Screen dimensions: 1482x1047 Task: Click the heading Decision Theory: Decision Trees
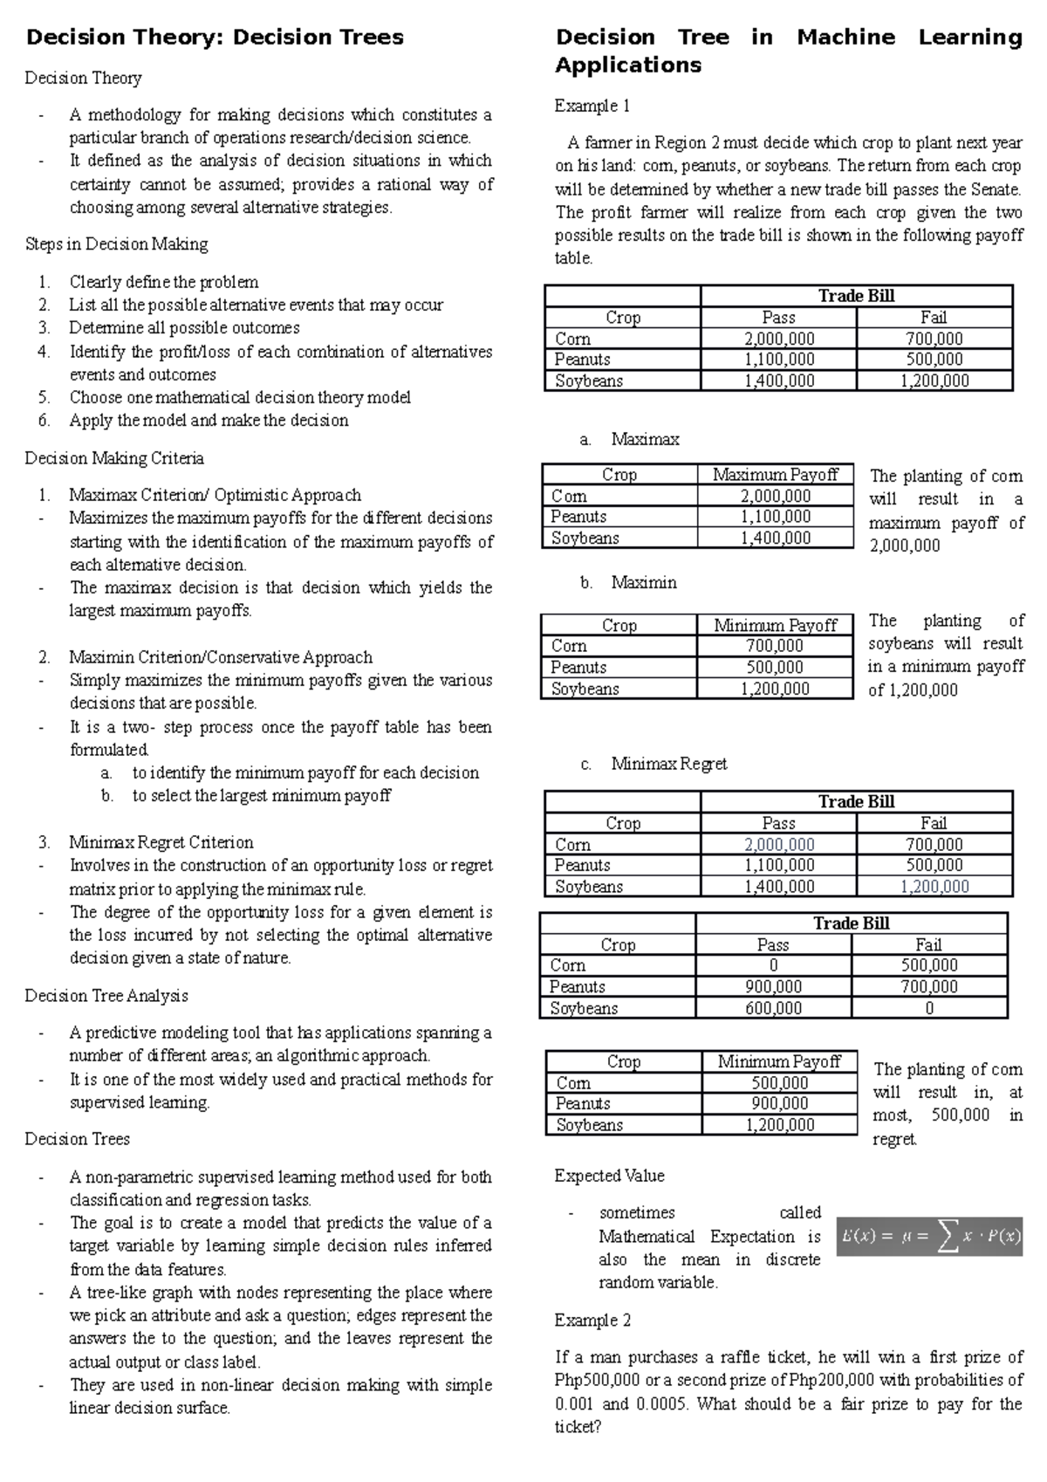coord(215,38)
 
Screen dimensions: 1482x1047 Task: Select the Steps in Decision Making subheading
coord(116,244)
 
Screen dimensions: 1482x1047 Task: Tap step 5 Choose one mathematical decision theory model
coord(240,397)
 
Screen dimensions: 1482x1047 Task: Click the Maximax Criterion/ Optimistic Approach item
coord(215,495)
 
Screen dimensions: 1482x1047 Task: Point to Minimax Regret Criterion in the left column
coord(161,842)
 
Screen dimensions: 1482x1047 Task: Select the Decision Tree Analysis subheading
coord(106,996)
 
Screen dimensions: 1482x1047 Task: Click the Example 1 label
coord(592,106)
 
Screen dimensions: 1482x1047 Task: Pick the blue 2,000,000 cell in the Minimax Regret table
coord(778,844)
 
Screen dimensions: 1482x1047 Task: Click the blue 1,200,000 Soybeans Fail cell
coord(934,887)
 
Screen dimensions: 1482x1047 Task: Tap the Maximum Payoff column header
coord(775,475)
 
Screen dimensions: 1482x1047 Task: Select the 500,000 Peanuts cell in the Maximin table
coord(775,668)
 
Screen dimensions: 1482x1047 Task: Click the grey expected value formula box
coord(929,1236)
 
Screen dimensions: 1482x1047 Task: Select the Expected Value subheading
coord(609,1176)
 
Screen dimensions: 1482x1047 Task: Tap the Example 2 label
coord(592,1321)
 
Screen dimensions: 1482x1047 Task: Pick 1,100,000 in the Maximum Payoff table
coord(775,517)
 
